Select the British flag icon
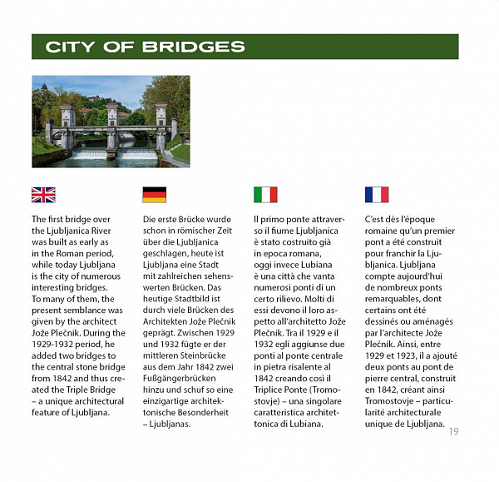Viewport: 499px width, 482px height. [43, 195]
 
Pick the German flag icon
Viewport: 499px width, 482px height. [154, 195]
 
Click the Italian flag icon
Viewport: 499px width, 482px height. [265, 195]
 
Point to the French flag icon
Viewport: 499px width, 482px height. [377, 195]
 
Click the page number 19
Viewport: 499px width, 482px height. [452, 430]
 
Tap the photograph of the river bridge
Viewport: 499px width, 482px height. [111, 122]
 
